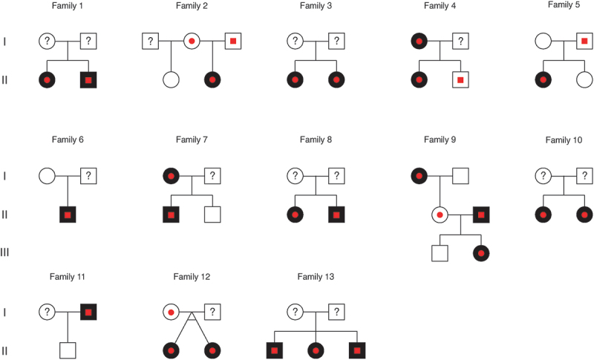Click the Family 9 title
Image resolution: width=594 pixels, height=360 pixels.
point(441,140)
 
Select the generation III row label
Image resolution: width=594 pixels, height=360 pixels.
point(5,253)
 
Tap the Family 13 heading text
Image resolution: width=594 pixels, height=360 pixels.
point(316,277)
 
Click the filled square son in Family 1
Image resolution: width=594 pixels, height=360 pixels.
point(89,79)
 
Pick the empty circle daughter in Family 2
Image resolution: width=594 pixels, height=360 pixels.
point(172,79)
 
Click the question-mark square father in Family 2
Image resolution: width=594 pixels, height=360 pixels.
point(151,41)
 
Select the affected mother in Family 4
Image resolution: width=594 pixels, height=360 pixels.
point(420,41)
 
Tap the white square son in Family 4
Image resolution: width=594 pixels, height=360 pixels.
point(461,79)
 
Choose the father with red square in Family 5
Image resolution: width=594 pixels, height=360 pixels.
point(585,41)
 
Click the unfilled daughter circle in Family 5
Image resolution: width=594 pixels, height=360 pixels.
point(585,79)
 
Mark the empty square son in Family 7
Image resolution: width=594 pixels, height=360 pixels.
point(213,215)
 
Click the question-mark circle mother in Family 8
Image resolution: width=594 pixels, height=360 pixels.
point(296,176)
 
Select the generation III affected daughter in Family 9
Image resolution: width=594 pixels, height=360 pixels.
point(482,253)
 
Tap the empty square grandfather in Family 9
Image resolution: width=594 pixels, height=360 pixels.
point(461,176)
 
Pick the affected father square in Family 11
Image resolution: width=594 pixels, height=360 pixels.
point(89,312)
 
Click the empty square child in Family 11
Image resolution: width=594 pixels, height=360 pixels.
point(68,350)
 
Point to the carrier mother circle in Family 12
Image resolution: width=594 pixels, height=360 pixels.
point(172,312)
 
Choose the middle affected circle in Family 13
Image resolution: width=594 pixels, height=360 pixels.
point(316,350)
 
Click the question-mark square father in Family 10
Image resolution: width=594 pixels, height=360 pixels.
point(585,176)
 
